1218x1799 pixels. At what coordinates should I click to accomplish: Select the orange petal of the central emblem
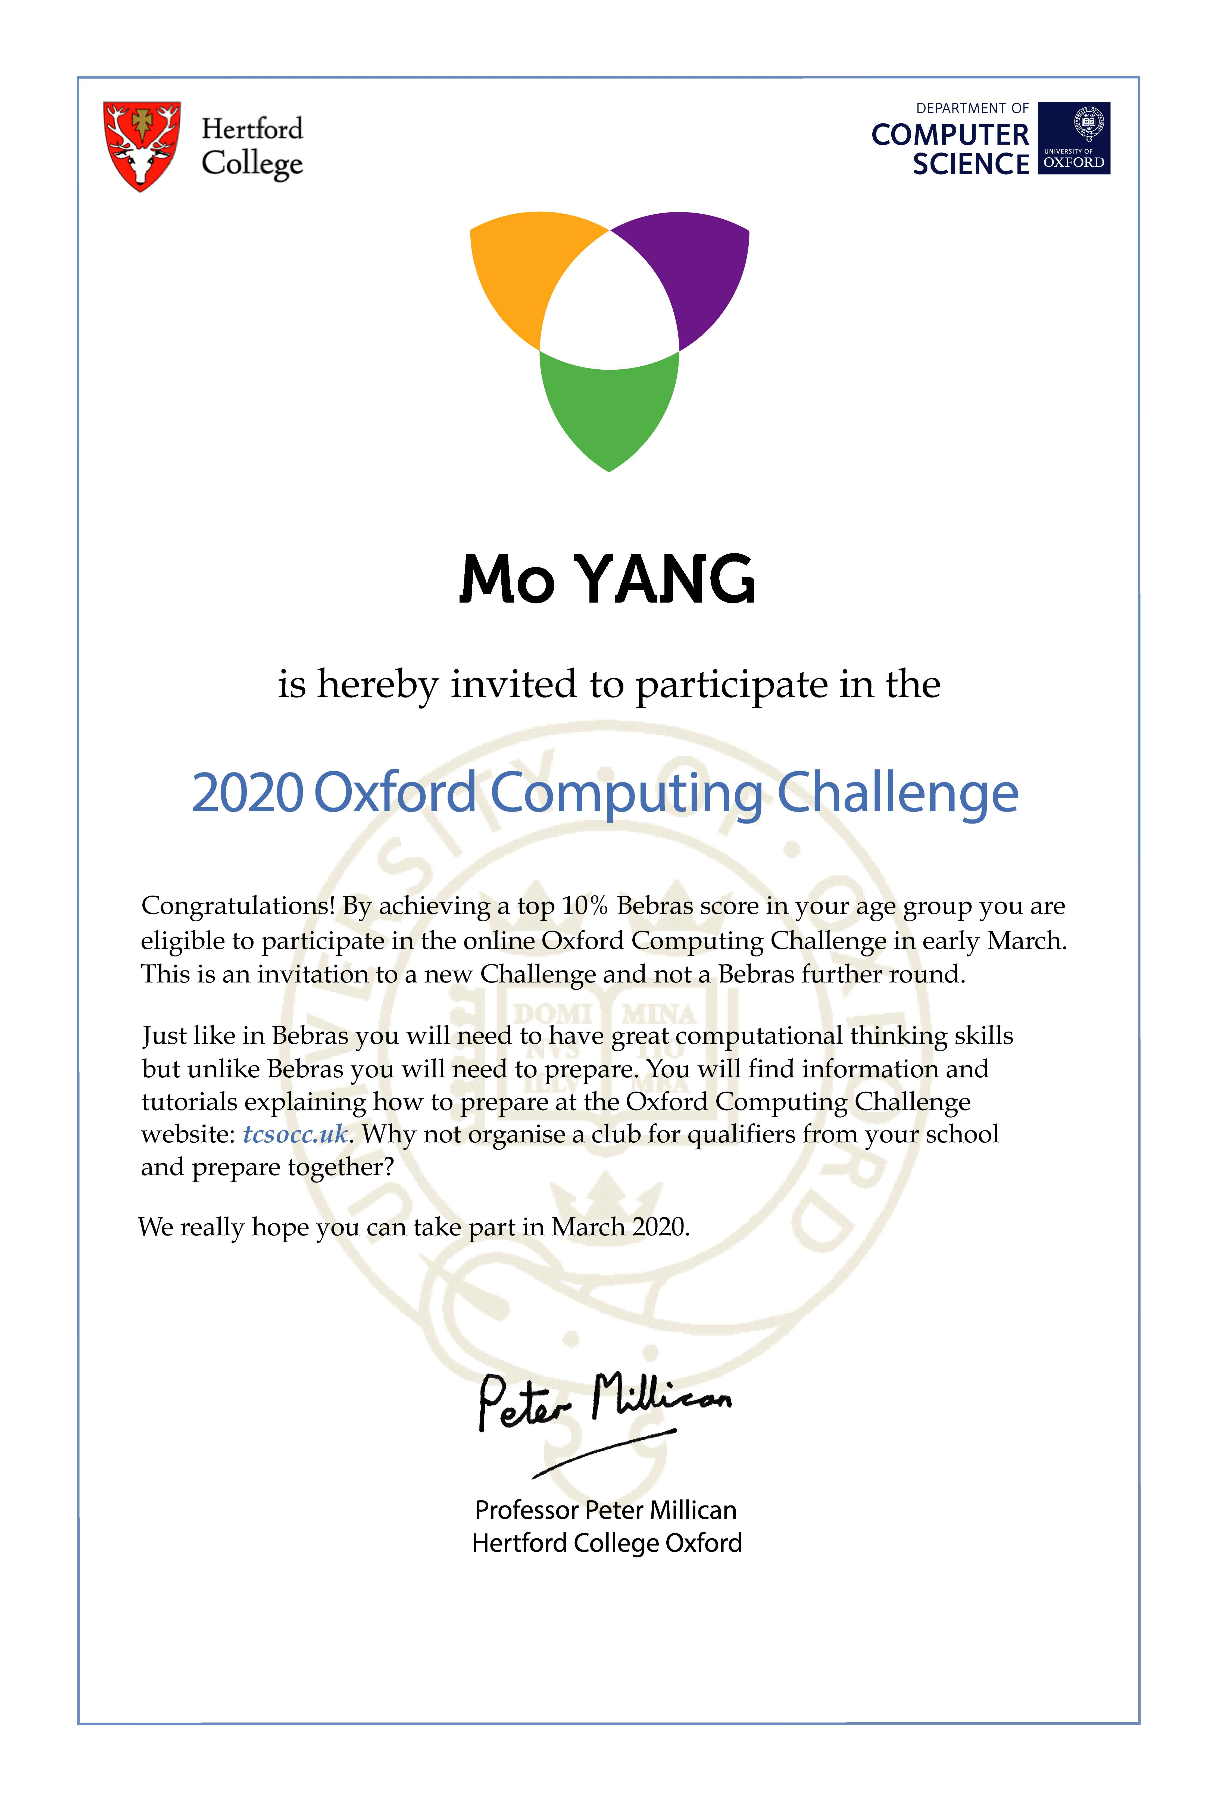(526, 271)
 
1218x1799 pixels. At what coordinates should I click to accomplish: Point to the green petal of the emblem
(609, 406)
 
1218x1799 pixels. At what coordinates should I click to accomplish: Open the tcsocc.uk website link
(295, 1134)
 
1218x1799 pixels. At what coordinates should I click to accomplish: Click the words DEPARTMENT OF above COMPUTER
(972, 108)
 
